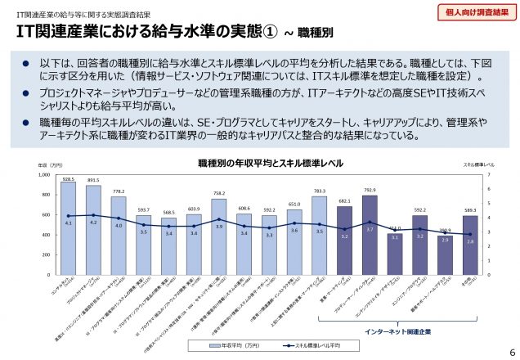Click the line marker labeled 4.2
(x=93, y=214)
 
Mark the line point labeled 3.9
(x=218, y=219)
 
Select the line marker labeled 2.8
(x=469, y=234)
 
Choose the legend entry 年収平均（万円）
(x=231, y=344)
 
